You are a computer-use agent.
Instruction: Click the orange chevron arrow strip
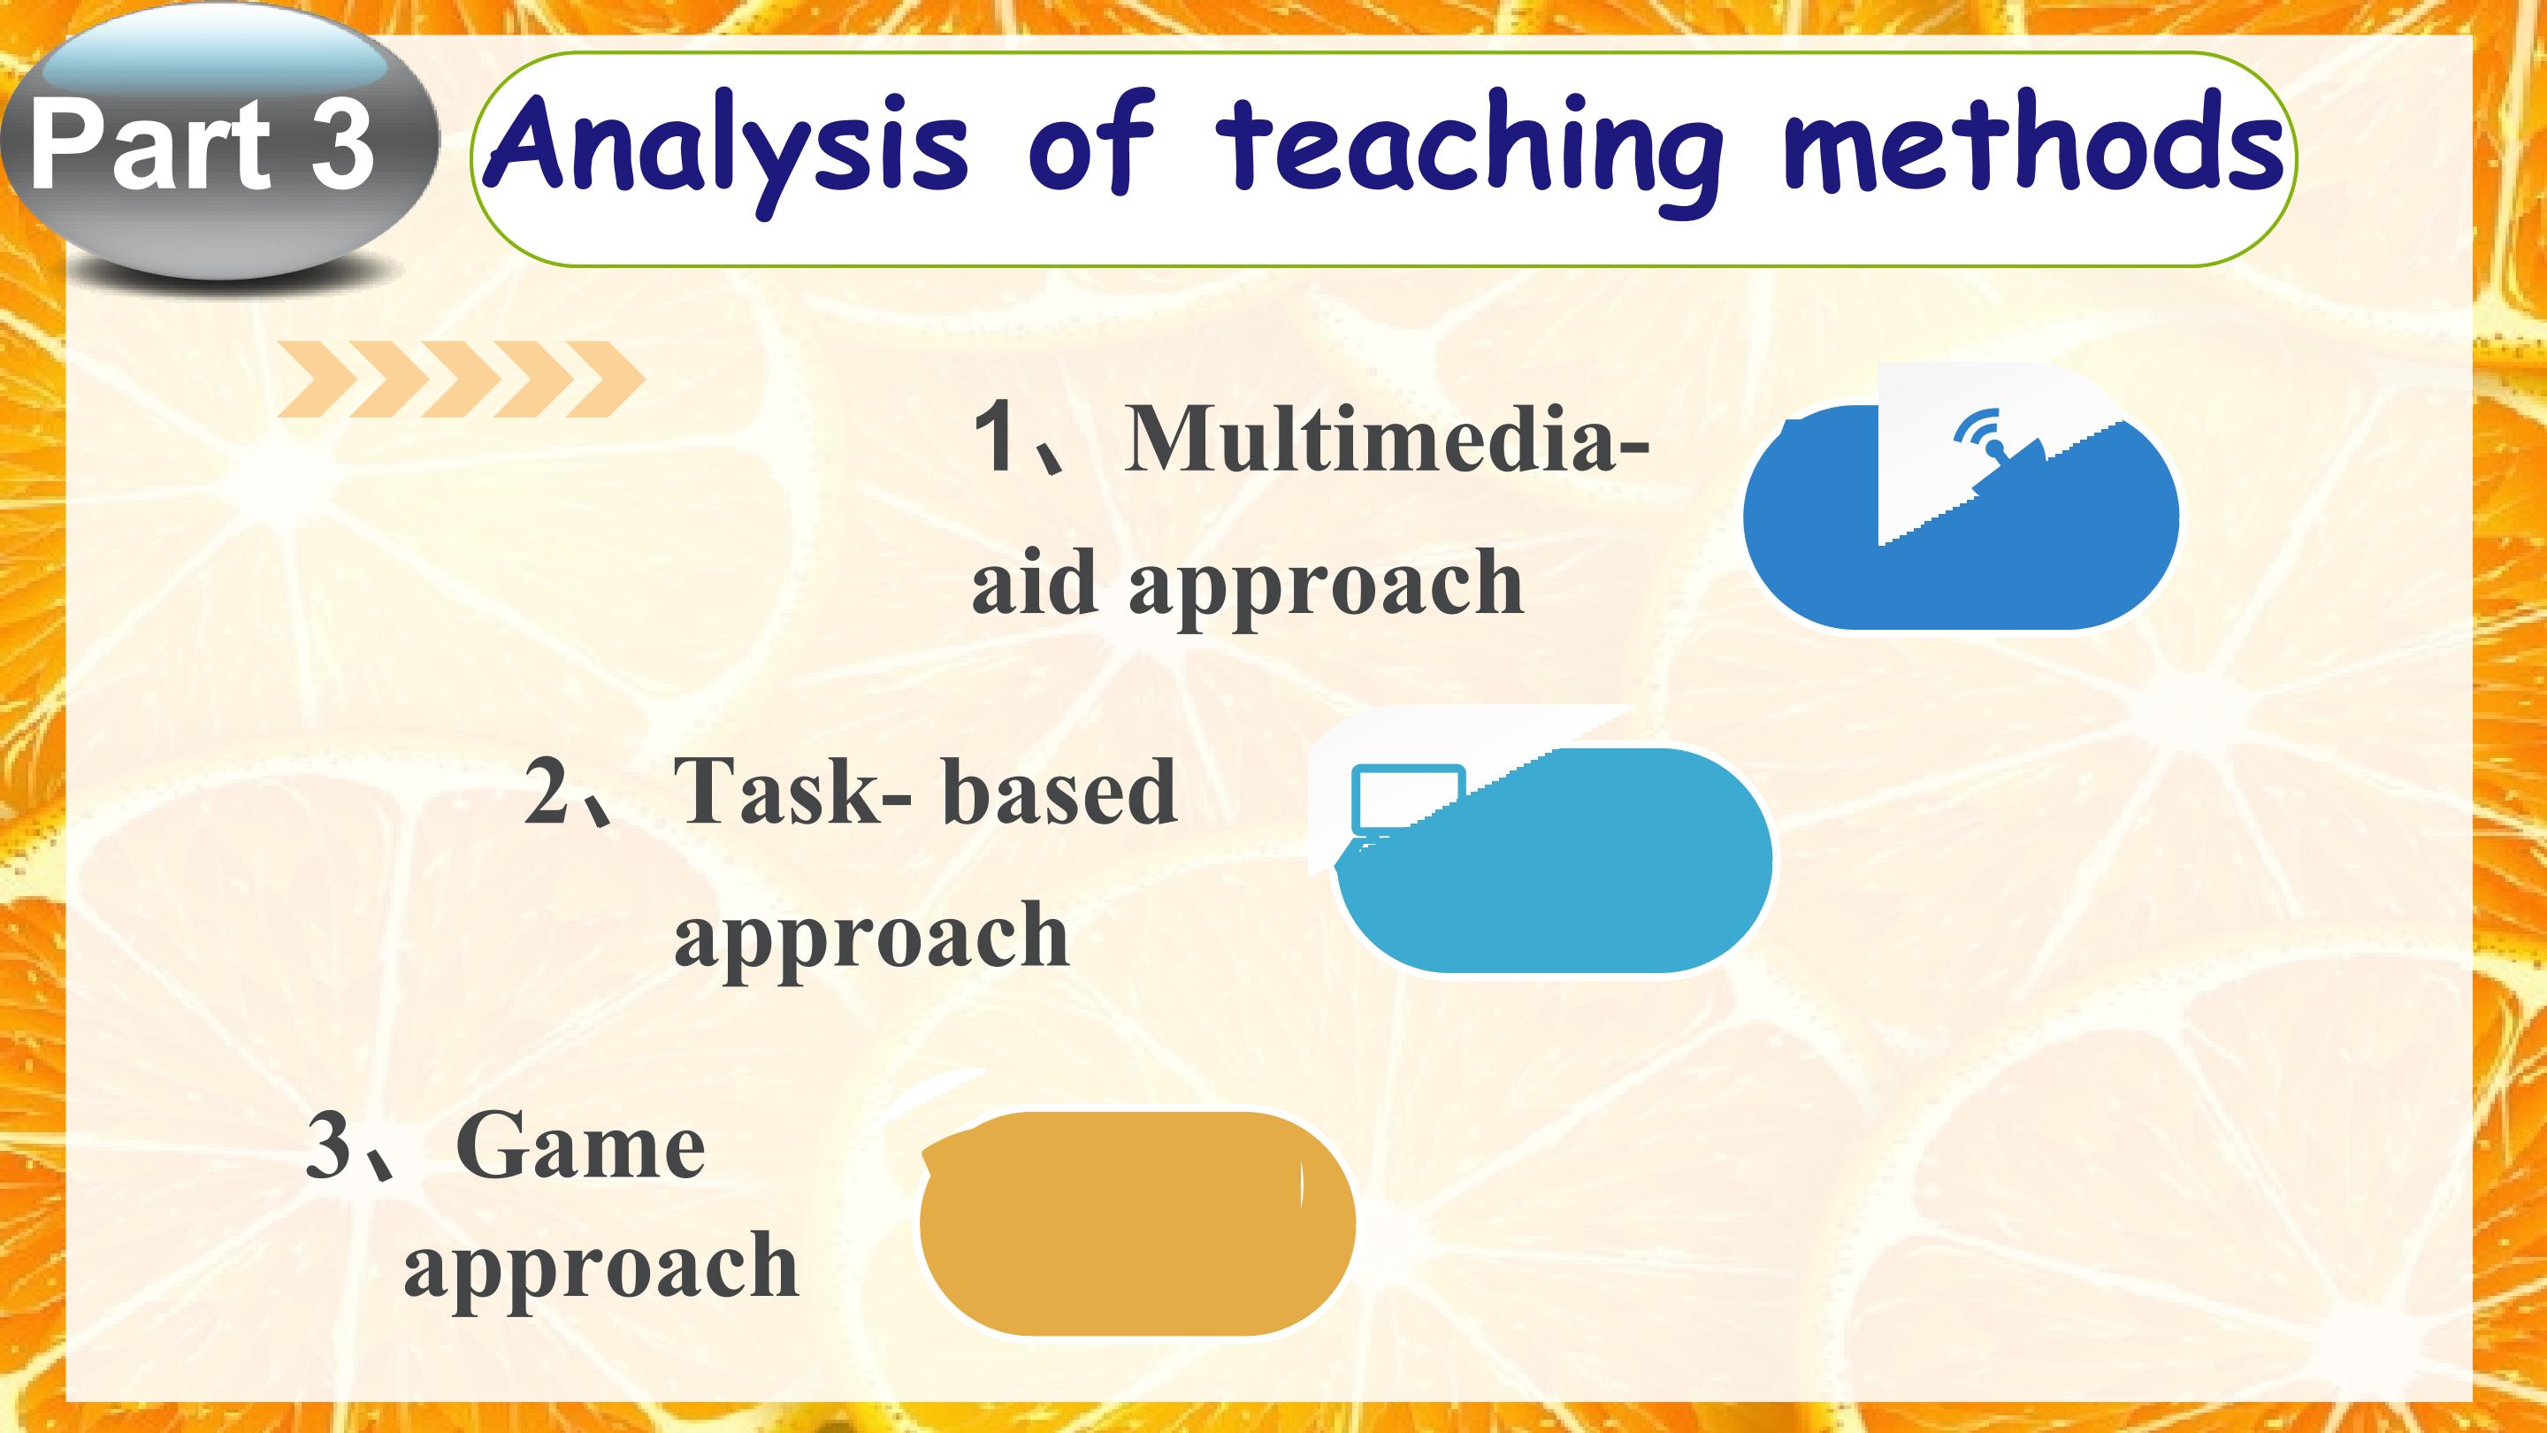pos(461,379)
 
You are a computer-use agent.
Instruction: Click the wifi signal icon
pos(1979,441)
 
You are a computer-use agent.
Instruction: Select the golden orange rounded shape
pos(1137,1224)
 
